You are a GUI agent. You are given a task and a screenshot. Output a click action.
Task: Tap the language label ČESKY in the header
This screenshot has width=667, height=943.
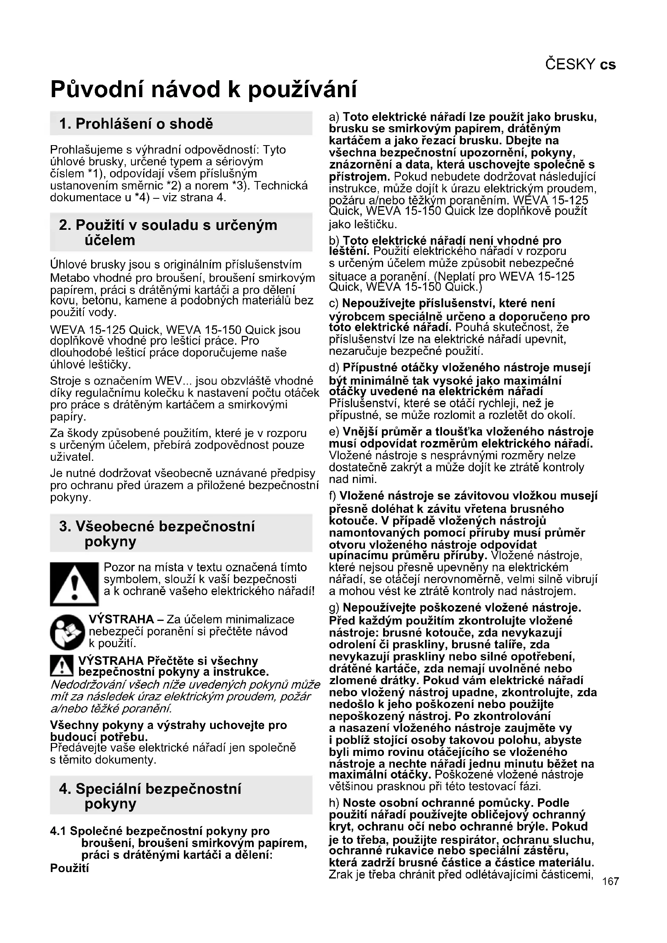click(570, 65)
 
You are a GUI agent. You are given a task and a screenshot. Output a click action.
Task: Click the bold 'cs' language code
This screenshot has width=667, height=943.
click(608, 65)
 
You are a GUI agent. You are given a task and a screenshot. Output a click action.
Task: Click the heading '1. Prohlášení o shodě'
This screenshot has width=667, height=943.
click(136, 123)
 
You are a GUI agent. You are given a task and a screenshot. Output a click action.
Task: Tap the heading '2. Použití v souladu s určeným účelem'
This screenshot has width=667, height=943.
click(169, 232)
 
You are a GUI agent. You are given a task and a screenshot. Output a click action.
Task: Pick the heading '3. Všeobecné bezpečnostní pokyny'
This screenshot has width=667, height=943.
click(157, 533)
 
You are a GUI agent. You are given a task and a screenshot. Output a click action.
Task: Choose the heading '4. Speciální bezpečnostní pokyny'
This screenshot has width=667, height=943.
click(151, 796)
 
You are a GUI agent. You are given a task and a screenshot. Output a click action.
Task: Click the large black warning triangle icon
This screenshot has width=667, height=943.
click(74, 584)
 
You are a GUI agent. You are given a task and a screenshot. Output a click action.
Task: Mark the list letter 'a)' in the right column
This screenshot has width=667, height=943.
click(334, 117)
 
